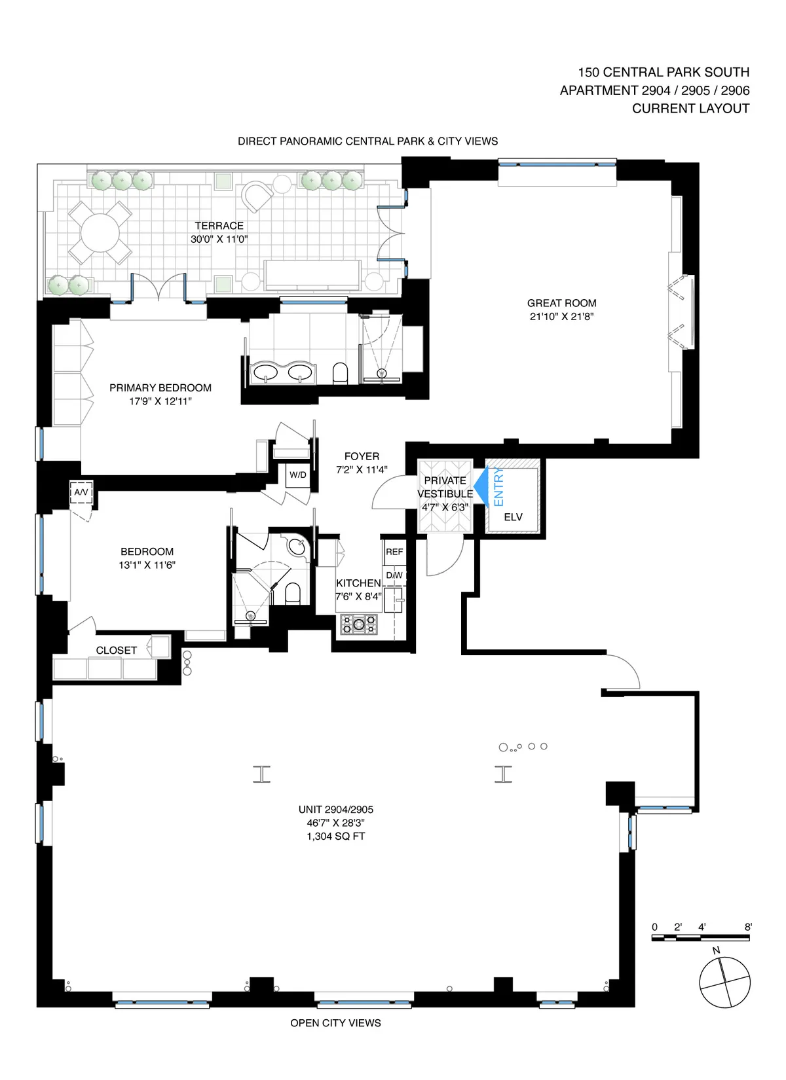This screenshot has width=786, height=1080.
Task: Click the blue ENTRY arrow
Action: tap(481, 486)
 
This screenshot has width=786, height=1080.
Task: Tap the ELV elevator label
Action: tap(513, 517)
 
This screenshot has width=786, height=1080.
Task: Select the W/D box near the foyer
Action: tap(298, 475)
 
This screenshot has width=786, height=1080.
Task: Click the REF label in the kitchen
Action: tap(394, 552)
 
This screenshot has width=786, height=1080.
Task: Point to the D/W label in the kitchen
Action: tap(394, 575)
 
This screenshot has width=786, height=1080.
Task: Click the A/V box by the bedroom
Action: tap(81, 492)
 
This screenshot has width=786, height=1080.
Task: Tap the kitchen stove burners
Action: tap(359, 624)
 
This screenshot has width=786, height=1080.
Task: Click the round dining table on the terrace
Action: tap(100, 232)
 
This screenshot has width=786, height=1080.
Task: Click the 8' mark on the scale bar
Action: tap(748, 927)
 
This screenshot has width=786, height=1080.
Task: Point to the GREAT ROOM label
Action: tap(561, 303)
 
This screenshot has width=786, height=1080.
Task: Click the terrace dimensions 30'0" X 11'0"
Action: tap(219, 240)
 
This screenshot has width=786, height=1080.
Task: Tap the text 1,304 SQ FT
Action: tap(335, 837)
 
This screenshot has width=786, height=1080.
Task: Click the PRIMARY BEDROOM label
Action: tap(160, 387)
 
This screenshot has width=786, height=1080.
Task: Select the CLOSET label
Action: tap(117, 650)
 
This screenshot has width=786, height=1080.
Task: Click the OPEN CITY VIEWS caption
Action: tap(335, 1023)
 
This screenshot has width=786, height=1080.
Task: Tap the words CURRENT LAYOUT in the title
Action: tap(690, 109)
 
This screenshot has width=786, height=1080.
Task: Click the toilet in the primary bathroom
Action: tap(340, 373)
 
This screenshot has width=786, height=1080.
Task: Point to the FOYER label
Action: tap(362, 456)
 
